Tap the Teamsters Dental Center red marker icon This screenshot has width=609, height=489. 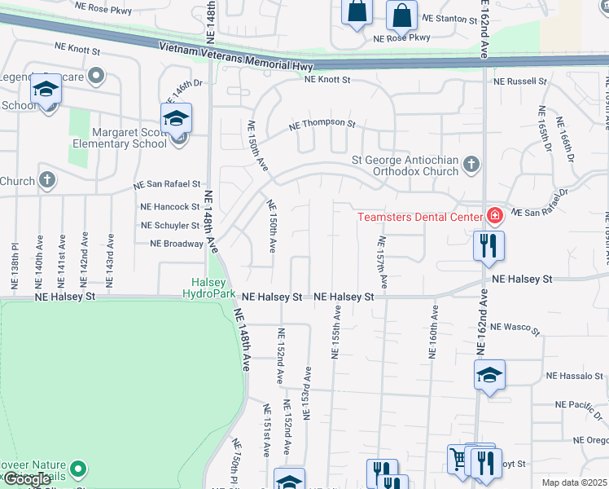pyautogui.click(x=493, y=216)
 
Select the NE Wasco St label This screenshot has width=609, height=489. pyautogui.click(x=515, y=327)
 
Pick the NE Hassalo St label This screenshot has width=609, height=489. pyautogui.click(x=575, y=376)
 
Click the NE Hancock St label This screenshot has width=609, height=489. pyautogui.click(x=169, y=208)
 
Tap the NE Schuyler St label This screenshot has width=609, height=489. pyautogui.click(x=169, y=226)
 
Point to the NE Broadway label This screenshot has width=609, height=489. pyautogui.click(x=176, y=244)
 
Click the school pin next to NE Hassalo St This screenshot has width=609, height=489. pyautogui.click(x=489, y=375)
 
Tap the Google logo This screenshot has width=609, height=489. pyautogui.click(x=27, y=479)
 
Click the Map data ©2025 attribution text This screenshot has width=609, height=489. pyautogui.click(x=575, y=482)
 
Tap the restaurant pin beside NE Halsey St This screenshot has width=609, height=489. pyautogui.click(x=489, y=246)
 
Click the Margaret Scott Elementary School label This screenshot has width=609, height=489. pyautogui.click(x=111, y=139)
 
